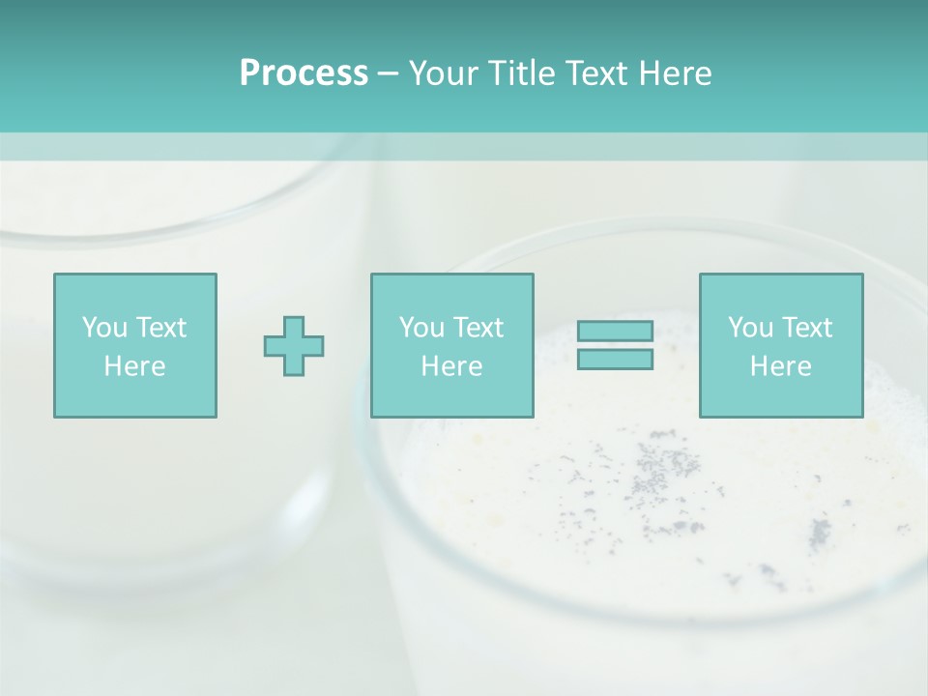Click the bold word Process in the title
pos(304,73)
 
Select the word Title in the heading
pos(522,73)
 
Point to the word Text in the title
pos(595,73)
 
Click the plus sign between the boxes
pos(294,346)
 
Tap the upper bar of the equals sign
pos(615,332)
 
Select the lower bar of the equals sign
pos(615,359)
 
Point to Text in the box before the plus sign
pos(160,328)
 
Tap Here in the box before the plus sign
pos(135,366)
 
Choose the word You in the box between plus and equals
pos(422,328)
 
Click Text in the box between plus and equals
pos(478,328)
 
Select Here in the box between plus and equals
pos(452,366)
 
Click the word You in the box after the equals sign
pos(751,328)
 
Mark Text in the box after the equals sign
pos(806,328)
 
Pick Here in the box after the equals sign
pos(781,366)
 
